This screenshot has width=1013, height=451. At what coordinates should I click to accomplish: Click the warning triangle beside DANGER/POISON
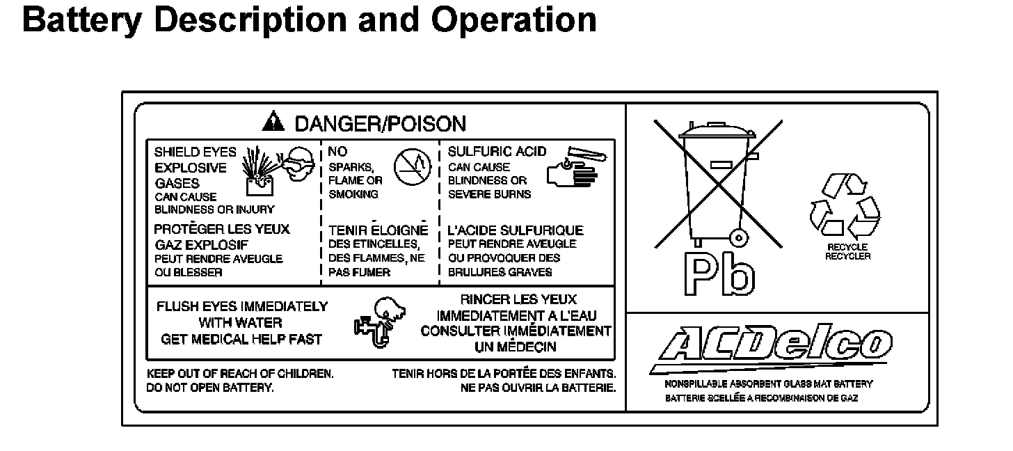tap(273, 123)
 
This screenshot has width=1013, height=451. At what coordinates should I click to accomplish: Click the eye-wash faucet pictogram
tap(376, 323)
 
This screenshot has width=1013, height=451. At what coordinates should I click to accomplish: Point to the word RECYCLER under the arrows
tap(847, 257)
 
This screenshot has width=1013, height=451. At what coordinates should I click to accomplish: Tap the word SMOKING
tap(353, 194)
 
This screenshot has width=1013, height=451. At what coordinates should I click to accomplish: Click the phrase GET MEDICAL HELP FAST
tap(241, 340)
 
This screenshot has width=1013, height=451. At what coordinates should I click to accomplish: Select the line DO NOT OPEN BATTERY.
tap(210, 388)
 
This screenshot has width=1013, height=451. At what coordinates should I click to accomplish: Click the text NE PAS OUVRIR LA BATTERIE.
tap(538, 388)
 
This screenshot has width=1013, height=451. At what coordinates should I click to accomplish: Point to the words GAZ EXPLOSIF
tap(201, 245)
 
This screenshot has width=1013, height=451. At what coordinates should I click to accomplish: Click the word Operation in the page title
tap(514, 19)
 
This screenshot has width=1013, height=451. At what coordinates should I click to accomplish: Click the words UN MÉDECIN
tap(516, 347)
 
